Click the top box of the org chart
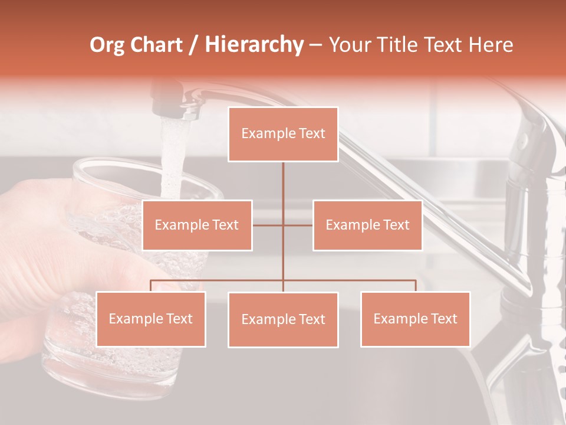tap(283, 134)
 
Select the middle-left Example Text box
tap(197, 225)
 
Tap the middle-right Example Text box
tap(367, 225)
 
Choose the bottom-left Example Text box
tap(151, 319)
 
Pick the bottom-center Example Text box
tap(283, 319)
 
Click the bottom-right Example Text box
tap(415, 319)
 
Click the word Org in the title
tap(107, 45)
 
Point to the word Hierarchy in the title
tap(254, 45)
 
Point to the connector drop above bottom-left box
tap(151, 286)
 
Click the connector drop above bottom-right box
tap(415, 286)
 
